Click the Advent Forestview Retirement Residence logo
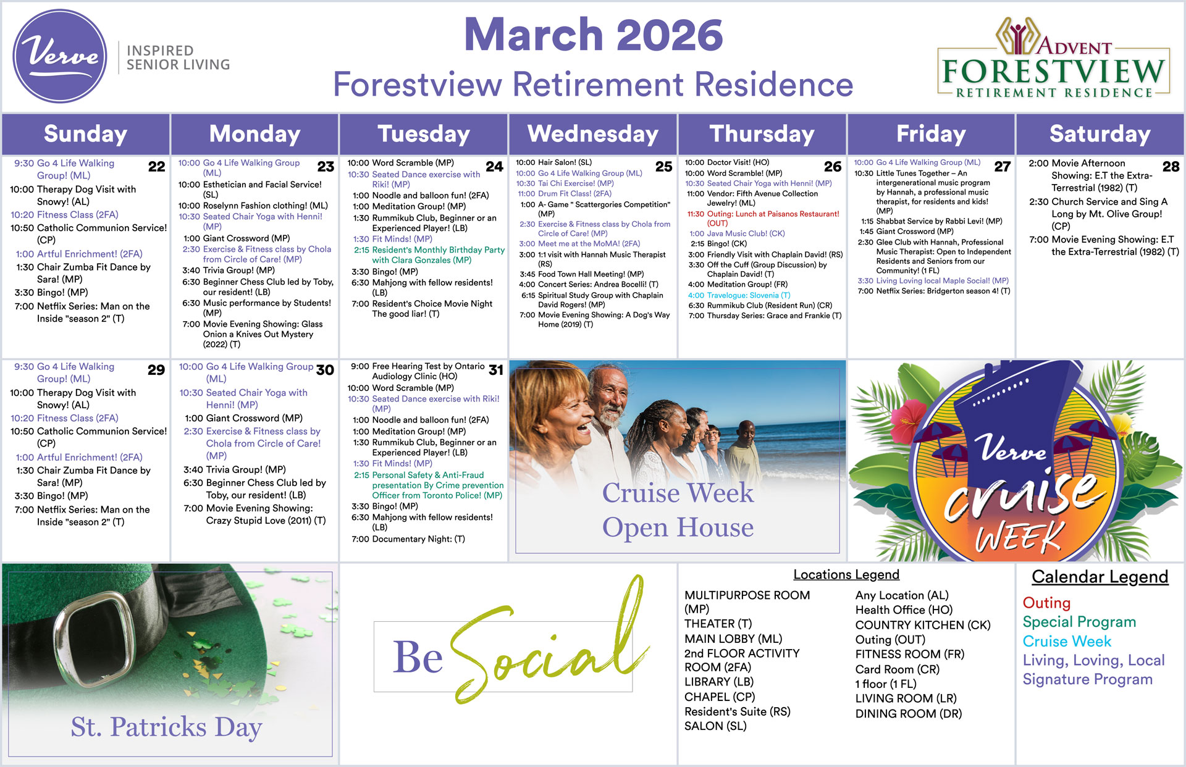point(1053,59)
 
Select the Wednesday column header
point(593,134)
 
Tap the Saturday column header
point(1100,134)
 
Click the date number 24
point(494,167)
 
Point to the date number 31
point(495,370)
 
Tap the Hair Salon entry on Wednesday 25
point(554,162)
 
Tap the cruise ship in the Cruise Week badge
point(1013,408)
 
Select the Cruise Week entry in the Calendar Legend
point(1067,642)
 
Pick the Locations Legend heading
point(846,574)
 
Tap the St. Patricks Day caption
point(166,727)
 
